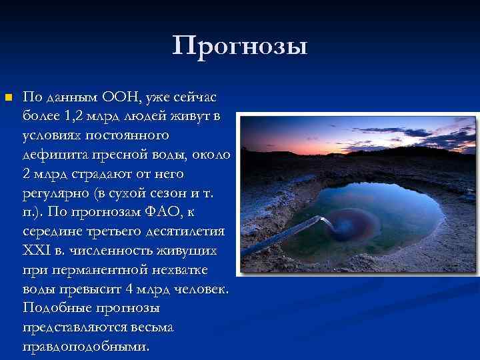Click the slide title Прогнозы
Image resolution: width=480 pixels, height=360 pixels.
(x=240, y=46)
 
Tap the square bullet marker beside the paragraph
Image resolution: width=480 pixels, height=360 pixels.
(x=8, y=98)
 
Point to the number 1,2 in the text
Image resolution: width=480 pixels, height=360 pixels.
(x=76, y=117)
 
